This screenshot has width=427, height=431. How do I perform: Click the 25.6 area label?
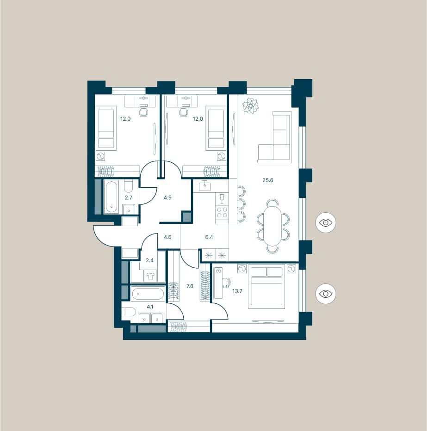[267, 180]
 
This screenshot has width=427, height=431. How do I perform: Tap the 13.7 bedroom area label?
[237, 291]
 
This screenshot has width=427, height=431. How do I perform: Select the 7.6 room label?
[190, 286]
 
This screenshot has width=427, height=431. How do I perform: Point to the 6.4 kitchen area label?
[209, 237]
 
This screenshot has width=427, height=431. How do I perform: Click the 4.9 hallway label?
[167, 197]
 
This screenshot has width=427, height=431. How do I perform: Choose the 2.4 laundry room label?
[149, 260]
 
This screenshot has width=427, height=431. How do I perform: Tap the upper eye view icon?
[326, 222]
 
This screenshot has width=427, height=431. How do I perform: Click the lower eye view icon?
[326, 294]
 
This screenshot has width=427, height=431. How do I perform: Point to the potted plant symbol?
[250, 105]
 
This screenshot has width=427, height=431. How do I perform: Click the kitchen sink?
[205, 185]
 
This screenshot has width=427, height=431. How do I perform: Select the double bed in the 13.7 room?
[266, 286]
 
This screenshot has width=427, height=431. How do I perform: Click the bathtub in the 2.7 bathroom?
[111, 197]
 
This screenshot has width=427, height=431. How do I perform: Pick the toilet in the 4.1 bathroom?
[129, 312]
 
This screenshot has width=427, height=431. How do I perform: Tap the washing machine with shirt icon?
[150, 276]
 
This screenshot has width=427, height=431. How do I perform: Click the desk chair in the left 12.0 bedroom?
[144, 111]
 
